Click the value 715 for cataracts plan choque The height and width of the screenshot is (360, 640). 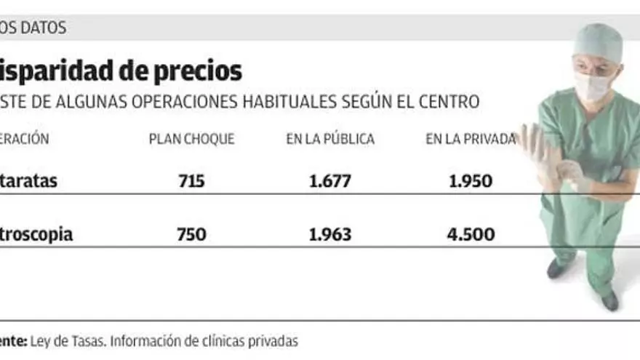191,181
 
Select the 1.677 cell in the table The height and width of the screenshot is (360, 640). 329,181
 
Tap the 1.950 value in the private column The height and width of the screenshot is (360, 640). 471,181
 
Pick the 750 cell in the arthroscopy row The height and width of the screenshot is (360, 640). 191,234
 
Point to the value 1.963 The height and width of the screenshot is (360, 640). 329,234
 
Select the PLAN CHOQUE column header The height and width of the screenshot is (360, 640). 191,139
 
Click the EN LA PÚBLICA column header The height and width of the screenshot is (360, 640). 330,139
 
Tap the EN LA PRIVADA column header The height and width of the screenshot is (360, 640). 471,139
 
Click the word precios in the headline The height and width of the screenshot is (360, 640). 197,71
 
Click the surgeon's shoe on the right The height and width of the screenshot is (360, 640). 609,300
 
